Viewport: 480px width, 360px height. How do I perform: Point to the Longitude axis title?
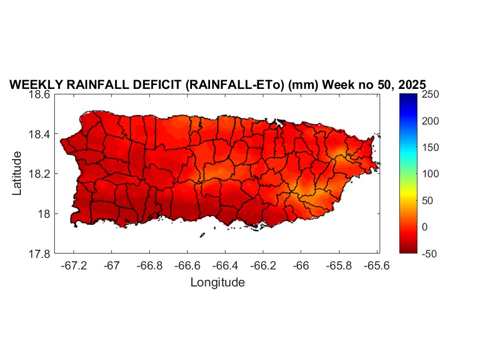pos(217,283)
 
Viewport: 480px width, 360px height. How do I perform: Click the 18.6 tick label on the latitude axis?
pos(39,94)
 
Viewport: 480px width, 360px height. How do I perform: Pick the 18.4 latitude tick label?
pos(39,134)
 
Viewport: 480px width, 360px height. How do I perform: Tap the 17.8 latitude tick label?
pos(39,254)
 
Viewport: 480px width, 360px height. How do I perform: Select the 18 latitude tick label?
pos(44,214)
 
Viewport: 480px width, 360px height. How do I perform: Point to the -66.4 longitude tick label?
pos(225,266)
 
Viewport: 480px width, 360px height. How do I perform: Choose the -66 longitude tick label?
pos(301,266)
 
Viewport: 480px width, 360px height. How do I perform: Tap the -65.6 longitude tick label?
pos(376,266)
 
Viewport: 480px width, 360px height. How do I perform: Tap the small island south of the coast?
pos(202,235)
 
